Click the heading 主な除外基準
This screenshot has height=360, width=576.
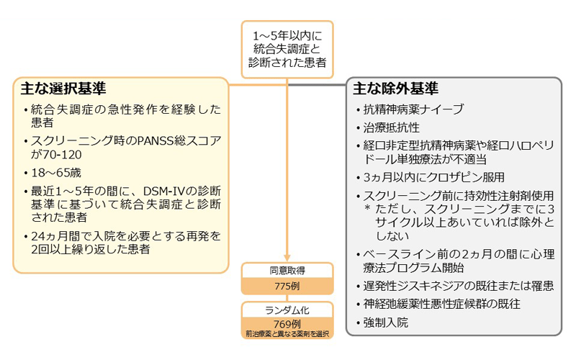(395, 89)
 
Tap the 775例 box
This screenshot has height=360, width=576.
(287, 286)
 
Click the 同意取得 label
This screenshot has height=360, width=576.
(287, 271)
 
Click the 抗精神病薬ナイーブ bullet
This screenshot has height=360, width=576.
(413, 110)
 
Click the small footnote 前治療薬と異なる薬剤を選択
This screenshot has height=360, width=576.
(287, 333)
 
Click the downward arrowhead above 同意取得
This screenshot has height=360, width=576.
(287, 258)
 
